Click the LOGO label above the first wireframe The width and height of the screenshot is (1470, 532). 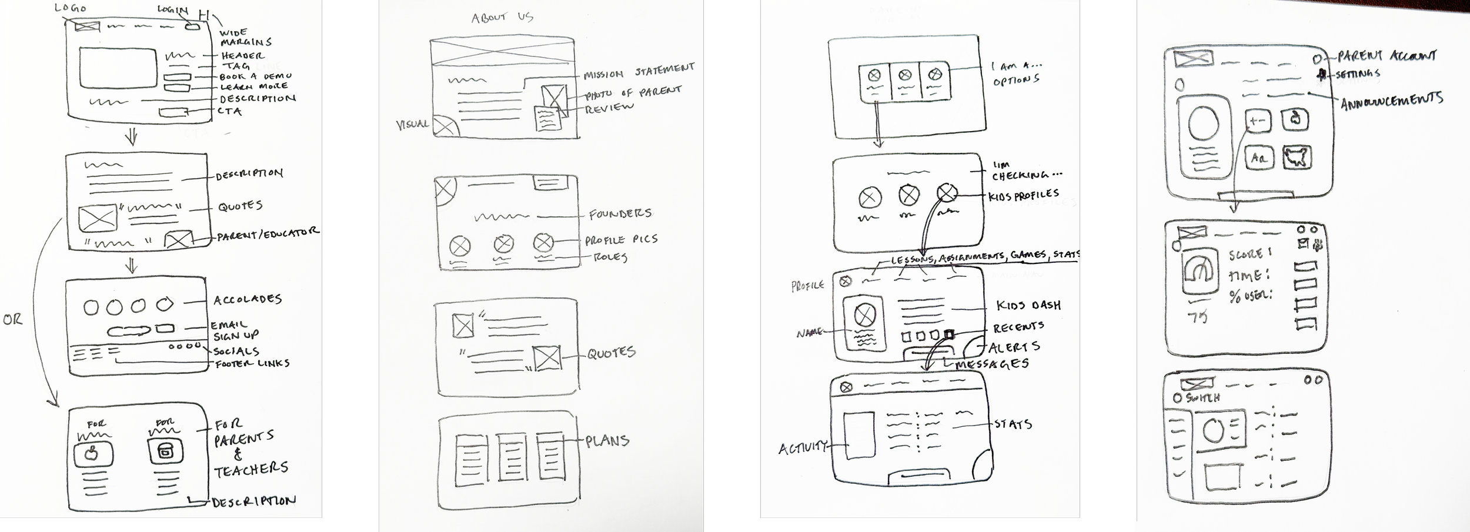coord(71,8)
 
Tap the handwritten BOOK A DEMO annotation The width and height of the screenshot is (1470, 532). coord(255,76)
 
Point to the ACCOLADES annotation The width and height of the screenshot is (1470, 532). coord(248,300)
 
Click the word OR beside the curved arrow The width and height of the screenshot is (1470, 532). coord(12,320)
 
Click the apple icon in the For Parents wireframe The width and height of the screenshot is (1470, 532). coord(93,454)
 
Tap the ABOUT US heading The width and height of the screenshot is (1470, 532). coord(502,17)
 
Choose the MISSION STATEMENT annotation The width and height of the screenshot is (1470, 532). coord(639,72)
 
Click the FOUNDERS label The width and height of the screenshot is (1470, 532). coord(620,214)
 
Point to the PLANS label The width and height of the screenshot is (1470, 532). coord(607,440)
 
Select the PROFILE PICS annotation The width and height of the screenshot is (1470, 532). coord(621,240)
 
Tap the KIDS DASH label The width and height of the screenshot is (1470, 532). coord(1028,305)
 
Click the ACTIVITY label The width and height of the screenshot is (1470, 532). coord(803,449)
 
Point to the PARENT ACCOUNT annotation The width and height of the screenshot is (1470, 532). coord(1386,56)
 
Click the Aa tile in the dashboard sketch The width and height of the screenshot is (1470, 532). coord(1258,158)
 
